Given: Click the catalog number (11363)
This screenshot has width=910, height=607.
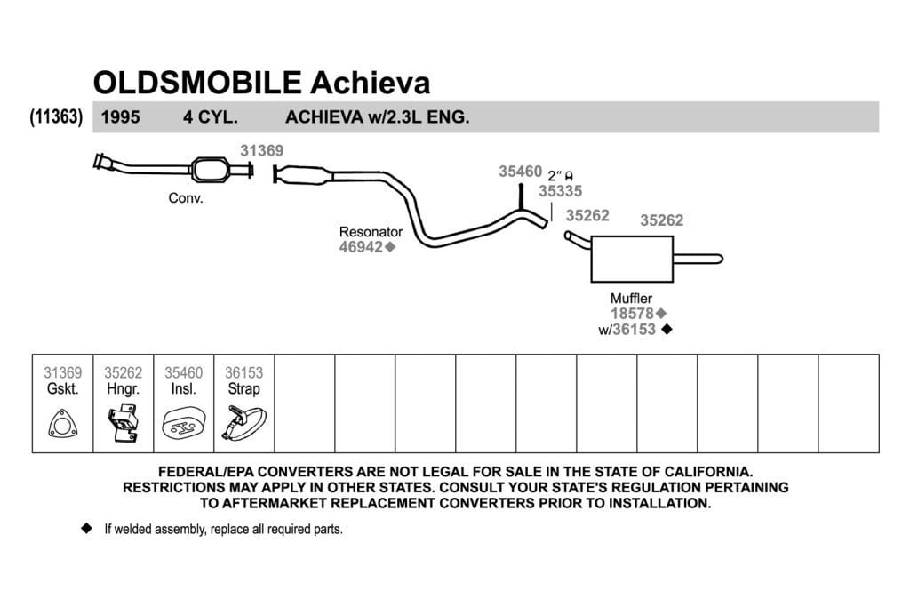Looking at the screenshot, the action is (56, 116).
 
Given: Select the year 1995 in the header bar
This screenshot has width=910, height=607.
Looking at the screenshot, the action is (120, 117).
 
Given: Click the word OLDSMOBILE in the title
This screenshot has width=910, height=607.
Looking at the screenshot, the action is (197, 83).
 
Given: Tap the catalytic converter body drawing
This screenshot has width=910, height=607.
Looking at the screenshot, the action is (210, 170).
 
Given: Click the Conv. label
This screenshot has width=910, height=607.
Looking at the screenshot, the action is (186, 198).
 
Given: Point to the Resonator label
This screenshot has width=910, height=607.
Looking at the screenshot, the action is (371, 232).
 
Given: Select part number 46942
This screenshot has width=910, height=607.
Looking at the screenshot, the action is (361, 247).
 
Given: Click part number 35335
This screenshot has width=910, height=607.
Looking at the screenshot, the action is (560, 191).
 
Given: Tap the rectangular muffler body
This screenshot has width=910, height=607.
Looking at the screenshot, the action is (632, 259).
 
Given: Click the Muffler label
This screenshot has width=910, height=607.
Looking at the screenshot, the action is (631, 299).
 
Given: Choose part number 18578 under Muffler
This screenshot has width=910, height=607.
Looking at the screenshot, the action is (632, 314).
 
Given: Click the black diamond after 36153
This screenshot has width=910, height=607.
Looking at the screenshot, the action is (667, 329).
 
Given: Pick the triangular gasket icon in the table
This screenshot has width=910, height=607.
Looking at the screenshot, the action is (63, 424).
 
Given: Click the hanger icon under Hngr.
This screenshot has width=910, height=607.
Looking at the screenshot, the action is (123, 424).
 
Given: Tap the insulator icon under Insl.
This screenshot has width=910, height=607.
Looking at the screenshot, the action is (183, 424).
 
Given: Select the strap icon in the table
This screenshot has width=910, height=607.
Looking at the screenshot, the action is (243, 424).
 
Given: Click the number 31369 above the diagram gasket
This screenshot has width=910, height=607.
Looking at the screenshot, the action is (262, 151).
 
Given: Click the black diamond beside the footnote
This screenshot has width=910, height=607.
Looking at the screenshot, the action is (87, 528).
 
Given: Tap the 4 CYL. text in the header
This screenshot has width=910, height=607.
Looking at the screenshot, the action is (211, 117).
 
